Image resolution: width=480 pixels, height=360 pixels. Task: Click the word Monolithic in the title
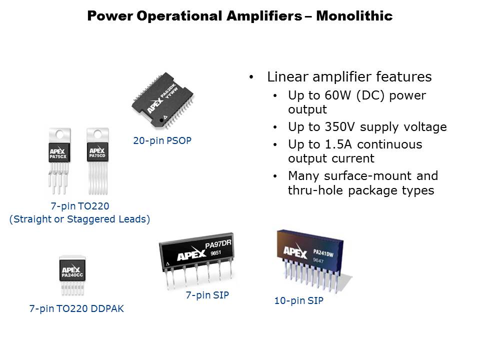(x=354, y=16)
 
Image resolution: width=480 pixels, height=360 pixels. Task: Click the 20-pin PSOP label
(x=162, y=140)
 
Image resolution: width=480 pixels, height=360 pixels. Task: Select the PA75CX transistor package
(x=59, y=161)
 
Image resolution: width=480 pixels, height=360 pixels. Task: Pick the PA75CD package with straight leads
(x=97, y=161)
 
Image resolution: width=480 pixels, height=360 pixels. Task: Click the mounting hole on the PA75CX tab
(x=59, y=134)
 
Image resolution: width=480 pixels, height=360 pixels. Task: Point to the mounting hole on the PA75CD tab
(x=97, y=134)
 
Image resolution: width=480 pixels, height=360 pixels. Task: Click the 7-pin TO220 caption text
(x=80, y=206)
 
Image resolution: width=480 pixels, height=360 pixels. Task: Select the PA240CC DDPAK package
(x=72, y=275)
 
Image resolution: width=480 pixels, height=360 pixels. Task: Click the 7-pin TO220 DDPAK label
(x=76, y=308)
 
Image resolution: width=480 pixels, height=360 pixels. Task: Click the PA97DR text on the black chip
(x=218, y=244)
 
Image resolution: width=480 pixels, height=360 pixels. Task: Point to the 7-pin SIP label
(x=207, y=295)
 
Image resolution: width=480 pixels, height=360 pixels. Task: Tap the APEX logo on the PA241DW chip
(x=295, y=251)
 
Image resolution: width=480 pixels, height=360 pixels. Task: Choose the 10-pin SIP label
(x=299, y=300)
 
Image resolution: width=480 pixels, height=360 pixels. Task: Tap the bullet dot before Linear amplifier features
(x=251, y=77)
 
